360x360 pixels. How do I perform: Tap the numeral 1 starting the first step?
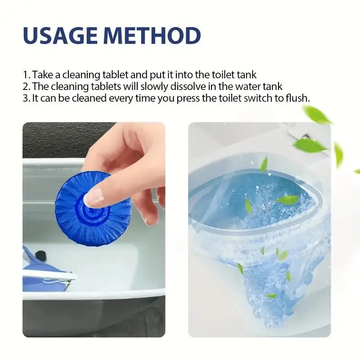[x=25, y=75]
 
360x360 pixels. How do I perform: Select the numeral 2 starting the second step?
[x=25, y=86]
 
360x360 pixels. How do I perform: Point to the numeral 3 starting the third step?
[x=25, y=98]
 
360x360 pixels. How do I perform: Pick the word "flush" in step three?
[x=299, y=98]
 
